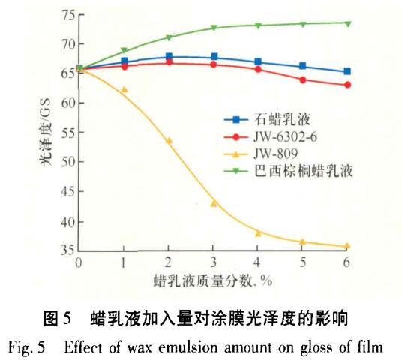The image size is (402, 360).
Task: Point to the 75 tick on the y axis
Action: pos(65,14)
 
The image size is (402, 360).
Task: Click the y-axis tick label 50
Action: pos(65,161)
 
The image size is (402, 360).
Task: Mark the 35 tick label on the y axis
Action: pos(65,250)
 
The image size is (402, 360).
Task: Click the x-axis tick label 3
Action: pos(214,263)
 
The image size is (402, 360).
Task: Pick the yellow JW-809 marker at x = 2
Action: pos(169,140)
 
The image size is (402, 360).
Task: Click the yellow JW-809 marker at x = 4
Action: pos(258,233)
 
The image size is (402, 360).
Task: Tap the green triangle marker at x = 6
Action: pos(348,23)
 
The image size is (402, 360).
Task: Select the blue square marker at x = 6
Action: pos(348,71)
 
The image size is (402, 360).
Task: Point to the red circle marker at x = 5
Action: pos(303,79)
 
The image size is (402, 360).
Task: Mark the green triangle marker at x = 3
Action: pos(214,28)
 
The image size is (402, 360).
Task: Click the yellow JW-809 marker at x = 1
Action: pos(124,89)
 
